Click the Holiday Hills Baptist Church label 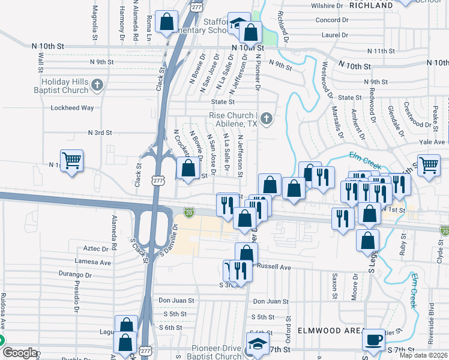(65, 86)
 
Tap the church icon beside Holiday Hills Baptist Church (97, 86)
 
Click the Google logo (20, 353)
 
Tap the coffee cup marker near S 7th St (373, 340)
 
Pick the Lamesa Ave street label (92, 262)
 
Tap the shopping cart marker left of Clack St (71, 160)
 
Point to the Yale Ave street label (432, 142)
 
